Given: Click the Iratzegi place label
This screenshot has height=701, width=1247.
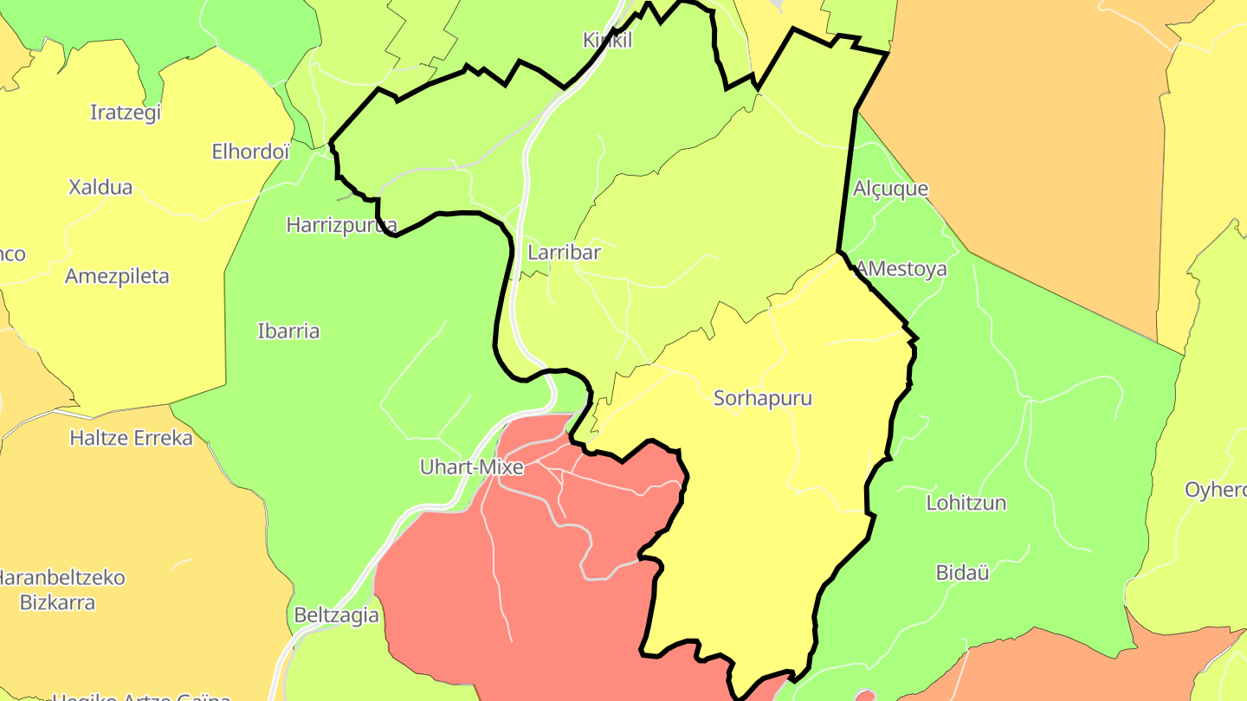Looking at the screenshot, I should pos(126,113).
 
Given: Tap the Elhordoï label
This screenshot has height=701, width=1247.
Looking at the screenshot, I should pos(250,152).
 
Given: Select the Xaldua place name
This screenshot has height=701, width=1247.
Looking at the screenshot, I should pos(100,187).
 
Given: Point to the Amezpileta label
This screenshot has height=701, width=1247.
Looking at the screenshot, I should pos(117,277).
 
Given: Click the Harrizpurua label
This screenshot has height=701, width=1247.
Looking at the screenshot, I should pos(341,226).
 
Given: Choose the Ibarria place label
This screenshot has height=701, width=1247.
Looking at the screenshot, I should pos(288,331).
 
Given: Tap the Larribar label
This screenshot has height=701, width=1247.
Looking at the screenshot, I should pos(564,253).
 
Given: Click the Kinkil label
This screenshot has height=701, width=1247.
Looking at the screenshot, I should pos(607,40).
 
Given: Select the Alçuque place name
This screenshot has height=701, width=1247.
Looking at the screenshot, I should pos(890,189).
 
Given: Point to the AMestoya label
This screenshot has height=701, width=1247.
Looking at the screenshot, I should pos(901,269).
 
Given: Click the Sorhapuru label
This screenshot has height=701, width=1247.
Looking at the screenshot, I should pos(763,398).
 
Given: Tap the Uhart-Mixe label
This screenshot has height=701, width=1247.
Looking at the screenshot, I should pos(471,467).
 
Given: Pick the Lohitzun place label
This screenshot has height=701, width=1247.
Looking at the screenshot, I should pos(966,503).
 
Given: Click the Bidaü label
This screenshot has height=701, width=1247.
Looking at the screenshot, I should pos(962,572).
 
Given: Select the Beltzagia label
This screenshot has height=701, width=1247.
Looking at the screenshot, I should pos(336,615).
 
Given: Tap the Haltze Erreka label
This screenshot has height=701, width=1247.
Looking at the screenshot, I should pos(131,438).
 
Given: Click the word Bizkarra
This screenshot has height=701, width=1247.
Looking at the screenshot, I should pos(57,602).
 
